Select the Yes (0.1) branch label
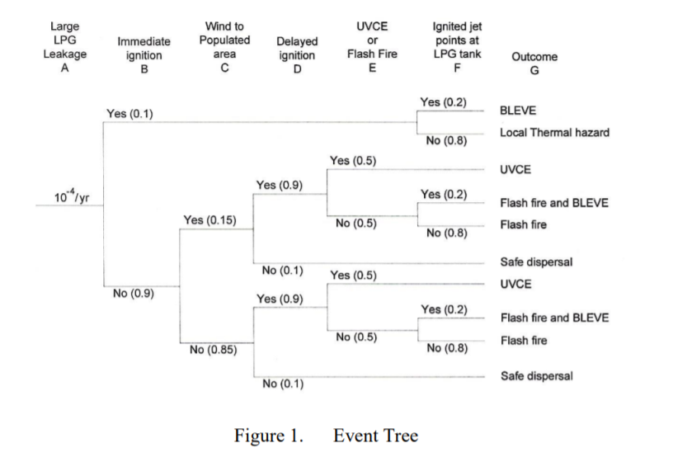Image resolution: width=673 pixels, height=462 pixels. point(129,113)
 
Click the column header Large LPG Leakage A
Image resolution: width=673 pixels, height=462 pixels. point(64,49)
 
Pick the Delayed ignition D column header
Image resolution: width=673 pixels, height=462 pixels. point(296,55)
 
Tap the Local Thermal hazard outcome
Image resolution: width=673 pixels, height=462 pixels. point(554,132)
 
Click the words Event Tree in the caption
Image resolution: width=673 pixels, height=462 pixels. point(375,436)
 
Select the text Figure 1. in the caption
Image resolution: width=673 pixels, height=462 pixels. point(269,436)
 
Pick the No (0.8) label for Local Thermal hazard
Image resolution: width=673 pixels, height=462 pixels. point(446,140)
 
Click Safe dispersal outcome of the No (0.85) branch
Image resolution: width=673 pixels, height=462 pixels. point(536,376)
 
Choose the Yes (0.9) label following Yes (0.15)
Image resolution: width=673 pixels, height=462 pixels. point(279,186)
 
